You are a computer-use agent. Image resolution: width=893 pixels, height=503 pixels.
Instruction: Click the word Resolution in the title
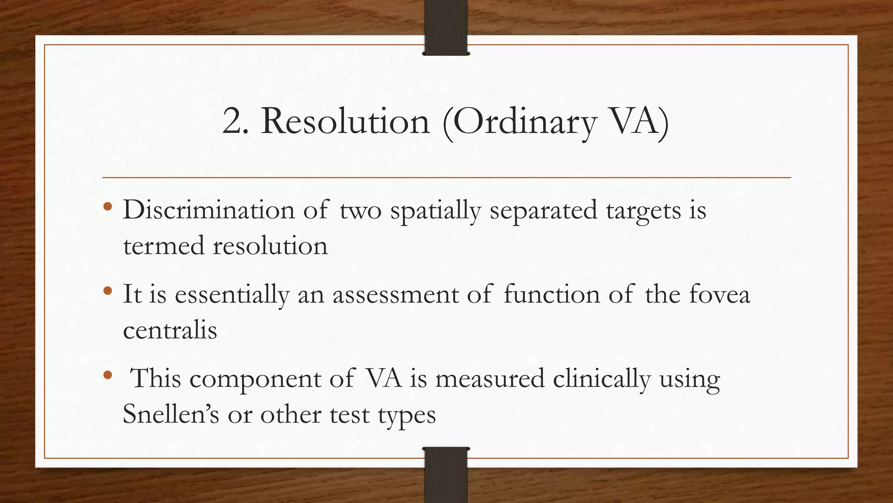click(345, 121)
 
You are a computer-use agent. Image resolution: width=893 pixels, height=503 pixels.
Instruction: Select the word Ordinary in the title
click(519, 122)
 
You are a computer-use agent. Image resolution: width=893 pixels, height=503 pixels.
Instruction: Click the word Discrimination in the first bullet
click(209, 210)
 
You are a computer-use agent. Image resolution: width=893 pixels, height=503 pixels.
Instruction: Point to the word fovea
click(719, 294)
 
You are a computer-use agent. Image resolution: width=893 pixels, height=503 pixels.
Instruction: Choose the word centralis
click(170, 330)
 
